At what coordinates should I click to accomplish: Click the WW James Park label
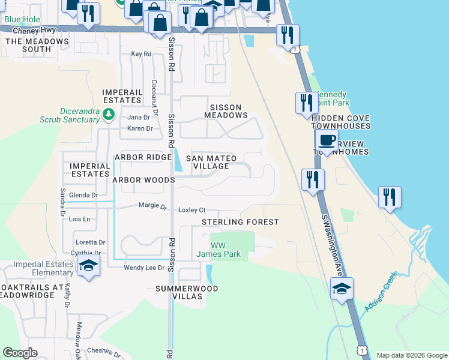218,250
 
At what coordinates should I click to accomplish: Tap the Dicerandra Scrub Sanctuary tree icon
108,113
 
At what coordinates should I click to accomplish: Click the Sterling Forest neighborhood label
240,222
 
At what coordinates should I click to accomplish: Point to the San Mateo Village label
211,162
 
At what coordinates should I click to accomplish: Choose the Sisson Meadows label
226,115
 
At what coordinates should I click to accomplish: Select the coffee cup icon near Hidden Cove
327,141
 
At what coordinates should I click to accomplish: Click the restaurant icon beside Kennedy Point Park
307,102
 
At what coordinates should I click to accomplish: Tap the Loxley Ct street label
192,210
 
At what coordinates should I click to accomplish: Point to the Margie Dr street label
152,206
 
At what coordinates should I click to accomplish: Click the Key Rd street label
141,54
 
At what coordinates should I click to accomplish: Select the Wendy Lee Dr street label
144,268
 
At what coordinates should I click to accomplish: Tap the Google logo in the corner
20,353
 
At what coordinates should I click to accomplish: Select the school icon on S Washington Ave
342,289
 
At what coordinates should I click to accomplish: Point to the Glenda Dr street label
83,196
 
